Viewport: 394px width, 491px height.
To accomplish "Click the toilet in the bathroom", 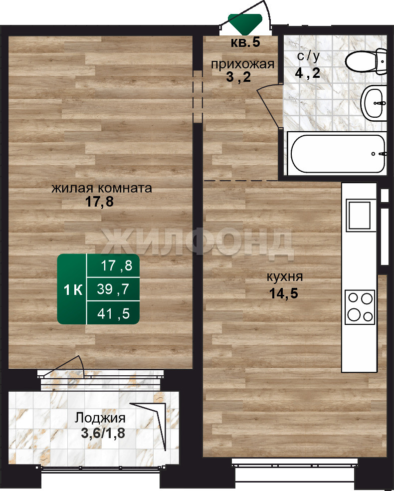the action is pos(366,61).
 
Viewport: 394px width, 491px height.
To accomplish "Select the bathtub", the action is pos(337,154).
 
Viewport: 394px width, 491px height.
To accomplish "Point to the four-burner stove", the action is pos(360,307).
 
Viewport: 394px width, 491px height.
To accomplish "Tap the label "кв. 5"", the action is pos(245,42).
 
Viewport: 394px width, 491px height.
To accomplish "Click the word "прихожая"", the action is pos(242,64).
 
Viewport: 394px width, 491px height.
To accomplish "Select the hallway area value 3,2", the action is pos(238,77).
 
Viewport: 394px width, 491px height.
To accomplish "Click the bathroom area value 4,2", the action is pos(308,73).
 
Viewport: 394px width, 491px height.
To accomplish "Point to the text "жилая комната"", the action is pos(102,188).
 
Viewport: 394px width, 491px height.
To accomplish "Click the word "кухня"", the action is pos(284,277).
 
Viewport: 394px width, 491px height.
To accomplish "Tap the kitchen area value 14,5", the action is pos(284,294).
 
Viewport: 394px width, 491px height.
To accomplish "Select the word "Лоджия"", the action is pos(100,418).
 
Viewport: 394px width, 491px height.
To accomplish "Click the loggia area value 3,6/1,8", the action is pos(103,434).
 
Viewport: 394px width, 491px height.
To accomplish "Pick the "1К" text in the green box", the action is pos(73,290).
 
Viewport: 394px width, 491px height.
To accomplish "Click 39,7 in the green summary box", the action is pos(113,289).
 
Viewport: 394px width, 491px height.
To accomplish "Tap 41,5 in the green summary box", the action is pos(113,313).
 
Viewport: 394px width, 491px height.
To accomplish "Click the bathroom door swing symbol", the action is pos(270,105).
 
